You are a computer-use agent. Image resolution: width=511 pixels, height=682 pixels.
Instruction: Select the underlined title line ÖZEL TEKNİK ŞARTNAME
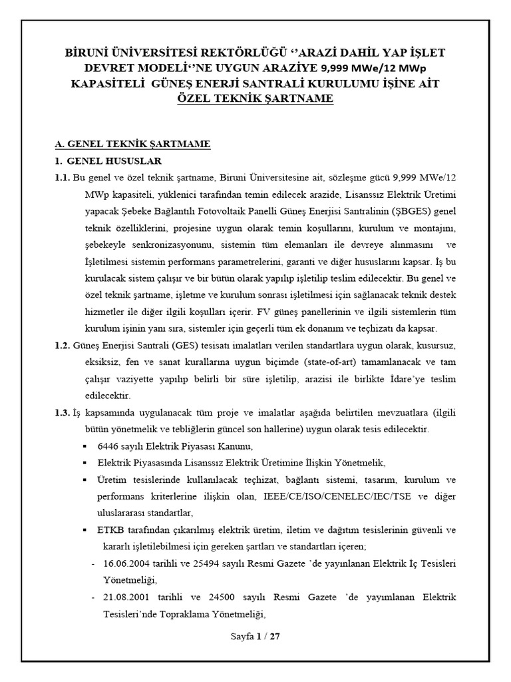click(255, 98)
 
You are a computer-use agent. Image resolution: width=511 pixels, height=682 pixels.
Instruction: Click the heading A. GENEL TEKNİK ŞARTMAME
click(132, 145)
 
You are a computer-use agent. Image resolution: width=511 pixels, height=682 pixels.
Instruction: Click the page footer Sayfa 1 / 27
click(255, 636)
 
